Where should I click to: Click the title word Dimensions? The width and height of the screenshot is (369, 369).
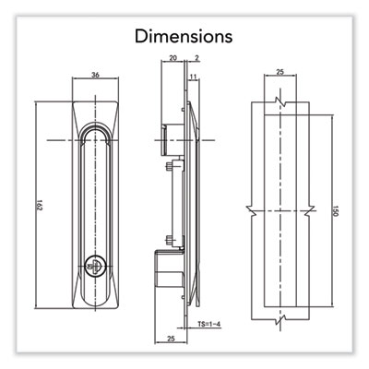click(184, 36)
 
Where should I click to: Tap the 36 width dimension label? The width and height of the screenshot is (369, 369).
click(96, 75)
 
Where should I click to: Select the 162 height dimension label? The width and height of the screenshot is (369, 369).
click(39, 206)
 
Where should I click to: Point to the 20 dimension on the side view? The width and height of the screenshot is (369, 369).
click(173, 57)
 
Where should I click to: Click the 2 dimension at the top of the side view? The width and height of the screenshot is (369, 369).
click(197, 57)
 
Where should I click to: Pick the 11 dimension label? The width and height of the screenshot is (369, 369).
click(193, 77)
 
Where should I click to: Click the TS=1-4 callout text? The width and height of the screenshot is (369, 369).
click(209, 324)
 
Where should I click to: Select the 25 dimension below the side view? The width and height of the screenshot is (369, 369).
click(171, 339)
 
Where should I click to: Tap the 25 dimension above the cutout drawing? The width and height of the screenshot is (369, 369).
click(280, 72)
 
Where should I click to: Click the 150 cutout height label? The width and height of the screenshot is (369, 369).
click(336, 211)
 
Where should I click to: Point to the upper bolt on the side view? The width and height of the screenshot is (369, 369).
click(170, 167)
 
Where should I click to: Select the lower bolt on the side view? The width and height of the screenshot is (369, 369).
click(170, 239)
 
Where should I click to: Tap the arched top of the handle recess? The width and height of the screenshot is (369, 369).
click(96, 129)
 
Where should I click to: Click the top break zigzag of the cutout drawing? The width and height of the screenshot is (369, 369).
click(280, 101)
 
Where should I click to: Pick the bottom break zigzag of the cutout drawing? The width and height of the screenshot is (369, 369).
click(280, 320)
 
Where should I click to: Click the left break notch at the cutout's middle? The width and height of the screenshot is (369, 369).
click(251, 211)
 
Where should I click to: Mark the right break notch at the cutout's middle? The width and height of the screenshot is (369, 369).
click(310, 211)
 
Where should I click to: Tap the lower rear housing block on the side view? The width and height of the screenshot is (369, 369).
click(169, 274)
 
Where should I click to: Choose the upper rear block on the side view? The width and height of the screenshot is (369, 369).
click(173, 140)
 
